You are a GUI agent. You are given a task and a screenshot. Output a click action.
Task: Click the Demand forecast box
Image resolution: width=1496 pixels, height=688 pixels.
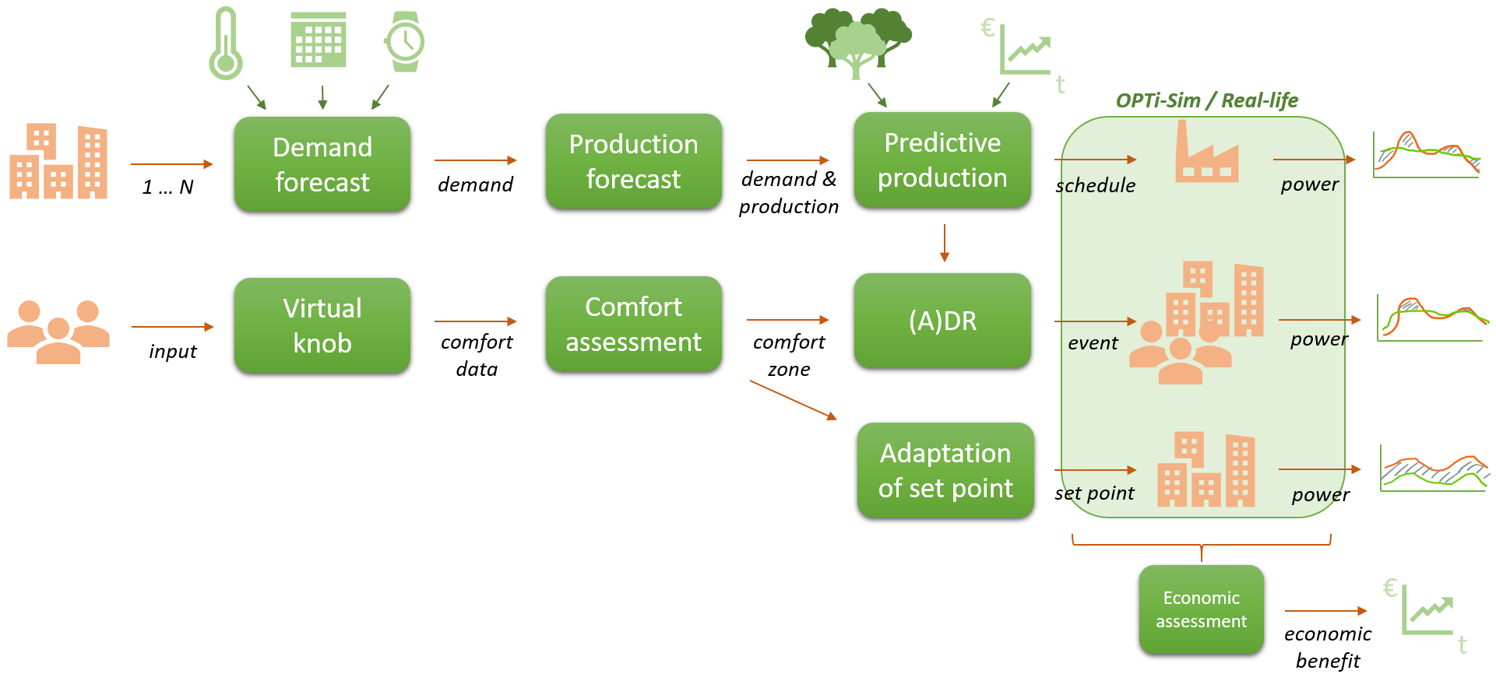click(322, 163)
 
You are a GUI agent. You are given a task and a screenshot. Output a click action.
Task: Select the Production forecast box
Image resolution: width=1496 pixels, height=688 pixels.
click(633, 161)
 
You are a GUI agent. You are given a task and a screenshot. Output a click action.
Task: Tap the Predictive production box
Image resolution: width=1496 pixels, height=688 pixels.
click(942, 160)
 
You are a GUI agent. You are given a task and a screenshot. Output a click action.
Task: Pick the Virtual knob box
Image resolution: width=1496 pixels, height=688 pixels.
click(322, 325)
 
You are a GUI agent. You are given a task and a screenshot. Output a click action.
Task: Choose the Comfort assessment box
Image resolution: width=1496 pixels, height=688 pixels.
click(633, 324)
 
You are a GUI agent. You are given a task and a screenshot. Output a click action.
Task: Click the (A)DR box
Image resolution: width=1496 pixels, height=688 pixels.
click(942, 320)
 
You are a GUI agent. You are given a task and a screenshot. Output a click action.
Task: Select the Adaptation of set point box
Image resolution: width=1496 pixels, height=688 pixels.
click(945, 470)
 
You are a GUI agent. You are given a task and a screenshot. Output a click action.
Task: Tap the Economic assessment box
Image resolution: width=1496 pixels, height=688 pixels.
click(1201, 609)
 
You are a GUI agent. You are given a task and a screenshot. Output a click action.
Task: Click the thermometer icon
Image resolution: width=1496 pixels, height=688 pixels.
click(226, 44)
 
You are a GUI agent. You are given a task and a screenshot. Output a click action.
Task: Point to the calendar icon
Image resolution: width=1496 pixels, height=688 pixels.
click(319, 40)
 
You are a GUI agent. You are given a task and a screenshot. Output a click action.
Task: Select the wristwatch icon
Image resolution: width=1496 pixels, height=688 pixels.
click(404, 41)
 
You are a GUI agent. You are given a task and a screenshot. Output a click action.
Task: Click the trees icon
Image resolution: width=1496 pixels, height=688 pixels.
click(857, 43)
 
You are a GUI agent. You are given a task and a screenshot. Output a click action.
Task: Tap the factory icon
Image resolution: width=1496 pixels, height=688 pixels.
click(1206, 153)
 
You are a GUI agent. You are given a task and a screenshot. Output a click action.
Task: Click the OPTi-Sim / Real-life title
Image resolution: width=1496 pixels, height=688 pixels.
click(1206, 100)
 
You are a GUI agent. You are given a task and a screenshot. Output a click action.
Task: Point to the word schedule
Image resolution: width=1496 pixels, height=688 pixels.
click(1098, 186)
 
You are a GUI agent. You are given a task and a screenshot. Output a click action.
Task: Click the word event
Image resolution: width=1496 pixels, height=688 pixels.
click(1093, 343)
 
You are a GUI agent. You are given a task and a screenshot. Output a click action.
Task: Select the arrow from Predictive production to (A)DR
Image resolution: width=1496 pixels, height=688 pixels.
click(945, 244)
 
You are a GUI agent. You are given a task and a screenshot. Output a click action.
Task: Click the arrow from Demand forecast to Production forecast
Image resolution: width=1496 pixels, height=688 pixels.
click(476, 160)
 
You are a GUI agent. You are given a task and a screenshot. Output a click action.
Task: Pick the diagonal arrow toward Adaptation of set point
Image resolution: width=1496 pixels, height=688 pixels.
click(793, 400)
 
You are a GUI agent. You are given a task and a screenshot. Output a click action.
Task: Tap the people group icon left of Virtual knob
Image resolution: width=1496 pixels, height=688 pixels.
click(58, 332)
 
